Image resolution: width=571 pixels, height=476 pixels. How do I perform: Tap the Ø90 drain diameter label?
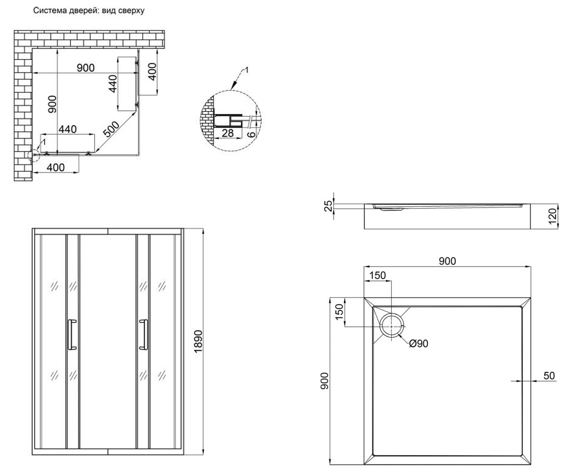419,344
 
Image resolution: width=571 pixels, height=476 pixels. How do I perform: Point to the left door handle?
72,334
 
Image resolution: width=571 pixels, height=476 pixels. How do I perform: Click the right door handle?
144,334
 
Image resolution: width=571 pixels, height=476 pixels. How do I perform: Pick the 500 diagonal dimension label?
111,129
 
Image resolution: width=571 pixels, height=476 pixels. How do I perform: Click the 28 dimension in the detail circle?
228,133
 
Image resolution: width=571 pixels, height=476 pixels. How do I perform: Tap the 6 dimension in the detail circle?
251,134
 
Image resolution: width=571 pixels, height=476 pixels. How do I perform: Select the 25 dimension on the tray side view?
328,206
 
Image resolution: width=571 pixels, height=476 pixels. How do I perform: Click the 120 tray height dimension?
552,216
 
